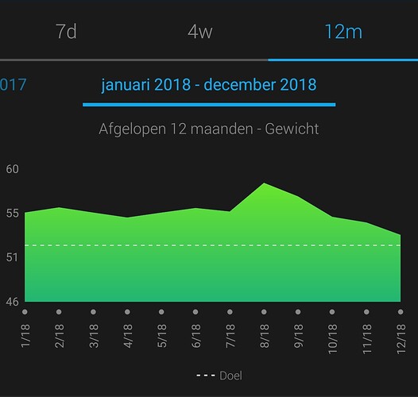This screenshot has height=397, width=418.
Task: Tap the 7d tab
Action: coord(66,32)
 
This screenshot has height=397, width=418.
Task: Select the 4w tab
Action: coord(200,32)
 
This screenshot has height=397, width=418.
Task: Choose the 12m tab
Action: coord(343,32)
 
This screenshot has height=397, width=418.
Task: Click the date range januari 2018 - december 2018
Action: coord(209,85)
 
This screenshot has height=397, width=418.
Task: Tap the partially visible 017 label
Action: coord(13,84)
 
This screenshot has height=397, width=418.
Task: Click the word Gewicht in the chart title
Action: coord(292,129)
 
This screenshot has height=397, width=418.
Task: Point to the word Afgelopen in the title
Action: coord(132,129)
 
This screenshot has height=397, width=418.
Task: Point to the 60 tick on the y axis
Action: coord(12,169)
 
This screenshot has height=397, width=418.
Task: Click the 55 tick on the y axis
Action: coord(12,213)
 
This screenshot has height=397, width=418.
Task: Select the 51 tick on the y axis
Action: coord(12,257)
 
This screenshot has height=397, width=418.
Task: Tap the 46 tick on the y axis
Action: coord(12,302)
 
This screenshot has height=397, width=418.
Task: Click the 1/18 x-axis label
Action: coord(25,336)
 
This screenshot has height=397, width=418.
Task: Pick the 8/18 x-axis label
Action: coord(264,336)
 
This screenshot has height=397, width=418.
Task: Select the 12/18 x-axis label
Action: coord(401,339)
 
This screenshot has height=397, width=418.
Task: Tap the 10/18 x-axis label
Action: coord(332,339)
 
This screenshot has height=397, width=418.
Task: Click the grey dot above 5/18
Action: coord(161,312)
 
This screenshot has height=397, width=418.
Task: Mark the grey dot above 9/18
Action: coord(298,312)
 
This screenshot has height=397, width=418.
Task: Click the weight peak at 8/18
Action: coord(264,183)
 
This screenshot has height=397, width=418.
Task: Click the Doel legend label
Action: coord(230,376)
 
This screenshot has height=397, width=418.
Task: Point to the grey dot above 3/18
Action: coord(93,312)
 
